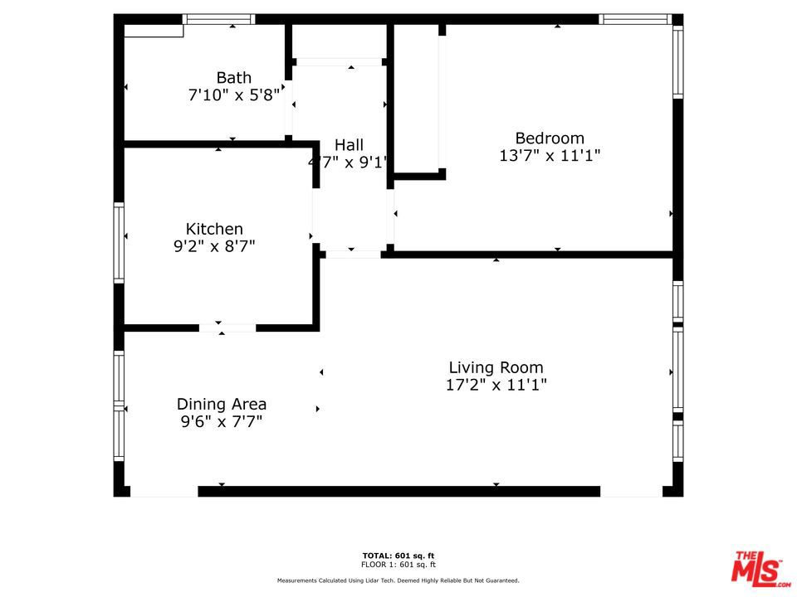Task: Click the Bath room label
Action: pos(234,78)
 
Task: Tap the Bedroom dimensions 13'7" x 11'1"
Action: pos(550,155)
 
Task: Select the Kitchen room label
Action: pos(214,229)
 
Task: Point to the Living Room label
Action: pos(496,367)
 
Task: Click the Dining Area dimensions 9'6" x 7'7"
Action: pos(222,421)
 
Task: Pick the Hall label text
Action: pos(349,145)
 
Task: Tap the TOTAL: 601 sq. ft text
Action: pos(398,556)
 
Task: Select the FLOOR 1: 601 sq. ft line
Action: pos(398,565)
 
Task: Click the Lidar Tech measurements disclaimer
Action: pos(398,580)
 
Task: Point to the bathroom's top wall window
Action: pos(218,19)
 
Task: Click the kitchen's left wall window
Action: pos(119,243)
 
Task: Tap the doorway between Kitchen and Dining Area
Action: pos(227,328)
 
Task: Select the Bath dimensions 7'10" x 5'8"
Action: pos(234,95)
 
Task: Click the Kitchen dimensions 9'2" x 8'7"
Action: pos(214,246)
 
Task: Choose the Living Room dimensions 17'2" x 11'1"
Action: pos(496,385)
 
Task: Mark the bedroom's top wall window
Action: pos(635,19)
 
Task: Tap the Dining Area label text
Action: pos(222,404)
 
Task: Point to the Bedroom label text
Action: pos(550,138)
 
